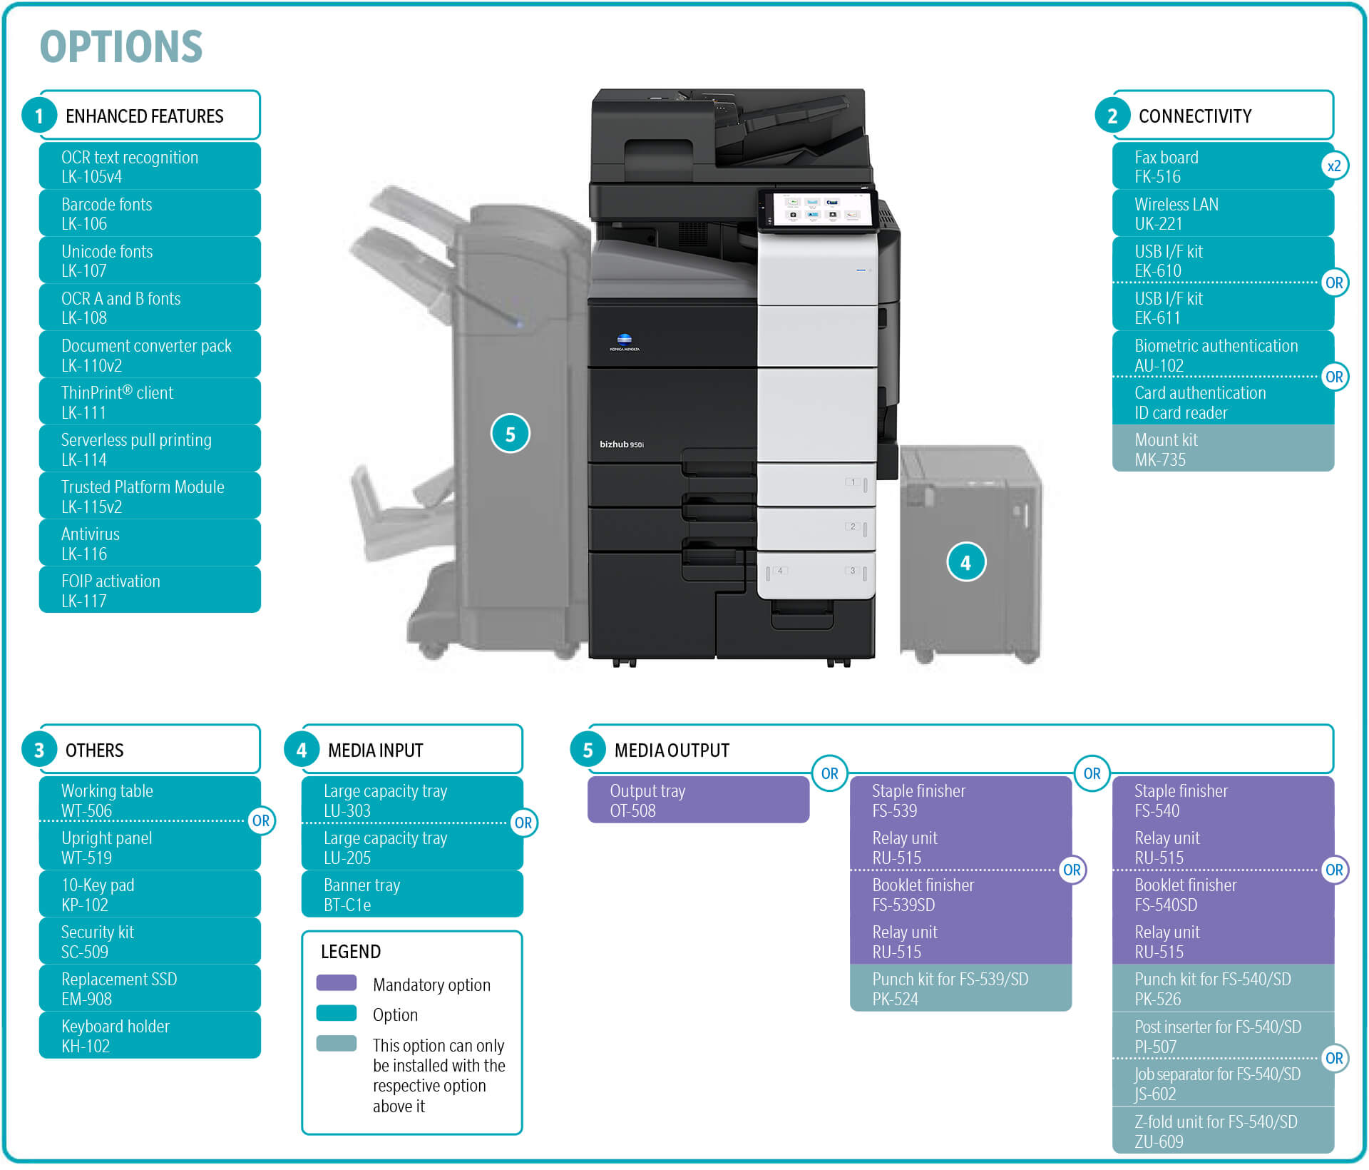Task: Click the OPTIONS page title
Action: tap(121, 47)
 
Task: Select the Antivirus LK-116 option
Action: tap(150, 544)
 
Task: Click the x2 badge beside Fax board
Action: tap(1333, 166)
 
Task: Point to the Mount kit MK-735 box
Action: tap(1223, 449)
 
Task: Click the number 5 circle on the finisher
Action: tap(510, 434)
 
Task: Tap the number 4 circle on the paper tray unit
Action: tap(966, 562)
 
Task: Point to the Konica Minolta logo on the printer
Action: tap(624, 342)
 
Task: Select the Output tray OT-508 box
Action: tap(698, 800)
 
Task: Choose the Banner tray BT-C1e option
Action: tap(412, 895)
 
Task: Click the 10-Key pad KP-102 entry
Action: tap(150, 895)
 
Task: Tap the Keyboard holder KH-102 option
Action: tap(150, 1036)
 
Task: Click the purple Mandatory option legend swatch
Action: tap(337, 983)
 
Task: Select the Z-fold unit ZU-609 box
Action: tap(1223, 1131)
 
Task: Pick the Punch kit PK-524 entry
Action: tap(960, 989)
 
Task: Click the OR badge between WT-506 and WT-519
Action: tap(261, 820)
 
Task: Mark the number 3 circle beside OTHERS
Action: tap(39, 750)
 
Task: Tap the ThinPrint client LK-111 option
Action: tap(150, 402)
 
